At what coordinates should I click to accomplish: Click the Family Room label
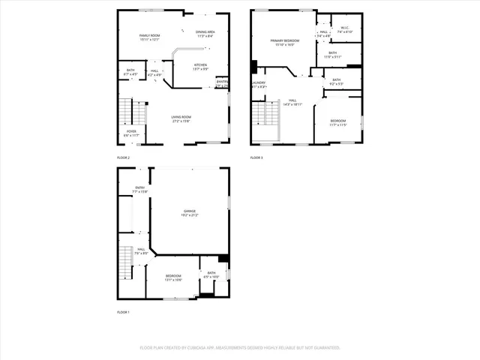pos(150,36)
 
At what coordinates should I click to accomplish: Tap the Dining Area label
pos(205,31)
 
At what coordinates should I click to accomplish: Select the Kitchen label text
pos(201,65)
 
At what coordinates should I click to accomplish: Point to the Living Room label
pos(181,117)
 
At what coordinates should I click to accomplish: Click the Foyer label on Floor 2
pos(131,131)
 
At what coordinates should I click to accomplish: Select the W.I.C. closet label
pos(345,28)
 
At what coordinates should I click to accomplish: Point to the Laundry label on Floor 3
pos(259,82)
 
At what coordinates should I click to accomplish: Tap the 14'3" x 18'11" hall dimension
pos(292,104)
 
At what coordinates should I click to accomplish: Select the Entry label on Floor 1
pos(140,187)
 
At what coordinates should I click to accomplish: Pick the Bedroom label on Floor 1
pos(173,276)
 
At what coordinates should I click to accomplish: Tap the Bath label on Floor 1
pos(211,273)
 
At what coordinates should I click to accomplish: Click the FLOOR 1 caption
pos(123,311)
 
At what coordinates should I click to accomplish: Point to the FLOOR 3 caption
pos(256,157)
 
